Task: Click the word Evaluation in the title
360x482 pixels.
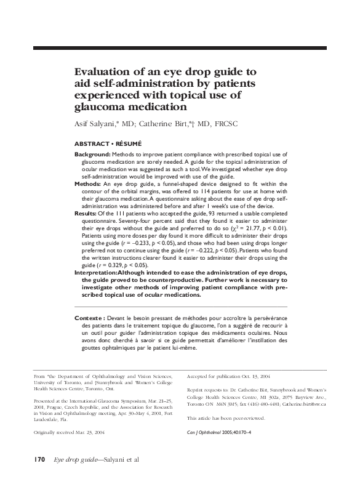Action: (x=101, y=72)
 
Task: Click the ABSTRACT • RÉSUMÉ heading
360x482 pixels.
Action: (x=108, y=143)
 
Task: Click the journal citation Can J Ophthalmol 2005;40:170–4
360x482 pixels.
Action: (x=225, y=432)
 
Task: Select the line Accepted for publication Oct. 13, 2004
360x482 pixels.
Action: (x=228, y=375)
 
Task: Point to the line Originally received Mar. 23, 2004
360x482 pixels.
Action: (x=69, y=432)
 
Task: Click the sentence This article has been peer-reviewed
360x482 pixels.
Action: (x=225, y=417)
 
